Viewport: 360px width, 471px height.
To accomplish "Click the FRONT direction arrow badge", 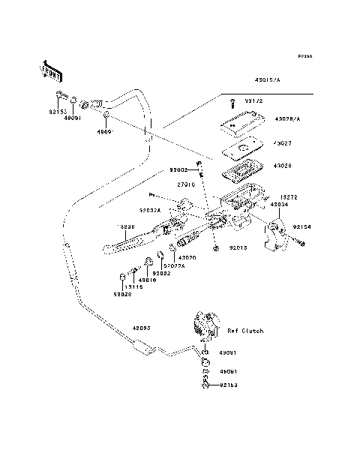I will point(48,73).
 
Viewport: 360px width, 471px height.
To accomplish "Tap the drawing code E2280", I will point(304,56).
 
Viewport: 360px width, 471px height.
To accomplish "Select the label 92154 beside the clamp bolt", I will point(301,225).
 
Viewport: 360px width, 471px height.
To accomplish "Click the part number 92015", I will point(238,247).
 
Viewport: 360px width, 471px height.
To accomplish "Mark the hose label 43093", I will point(142,328).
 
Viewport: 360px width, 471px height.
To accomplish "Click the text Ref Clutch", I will point(244,331).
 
